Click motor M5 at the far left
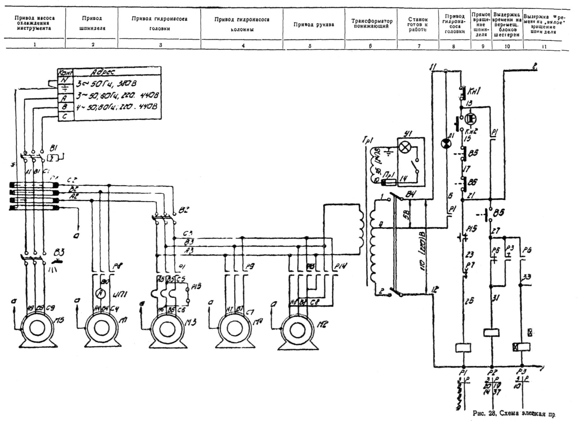pyautogui.click(x=37, y=328)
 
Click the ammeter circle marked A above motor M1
pyautogui.click(x=100, y=294)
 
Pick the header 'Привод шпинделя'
pyautogui.click(x=92, y=23)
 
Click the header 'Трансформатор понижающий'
pyautogui.click(x=372, y=23)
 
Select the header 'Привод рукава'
pyautogui.click(x=314, y=25)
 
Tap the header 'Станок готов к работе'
pyautogui.click(x=418, y=24)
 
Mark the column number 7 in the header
pyautogui.click(x=419, y=46)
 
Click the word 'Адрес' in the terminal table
pyautogui.click(x=103, y=72)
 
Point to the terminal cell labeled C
pyautogui.click(x=65, y=116)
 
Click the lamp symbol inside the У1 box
pyautogui.click(x=404, y=148)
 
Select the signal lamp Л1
pyautogui.click(x=446, y=143)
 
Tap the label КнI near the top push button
pyautogui.click(x=473, y=91)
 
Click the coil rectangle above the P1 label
pyautogui.click(x=463, y=347)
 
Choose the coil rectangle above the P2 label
pyautogui.click(x=491, y=332)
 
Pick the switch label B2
pyautogui.click(x=184, y=210)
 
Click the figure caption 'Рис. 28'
pyautogui.click(x=484, y=413)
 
